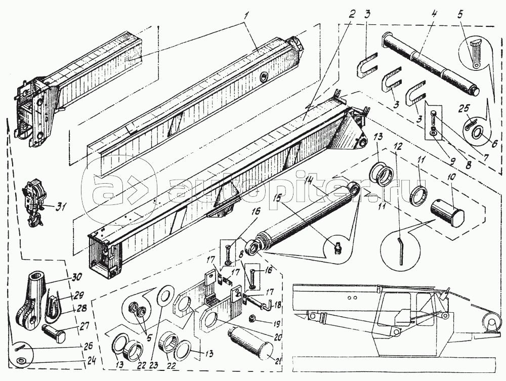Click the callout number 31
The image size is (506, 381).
click(61, 206)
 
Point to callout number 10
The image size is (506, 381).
click(450, 178)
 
